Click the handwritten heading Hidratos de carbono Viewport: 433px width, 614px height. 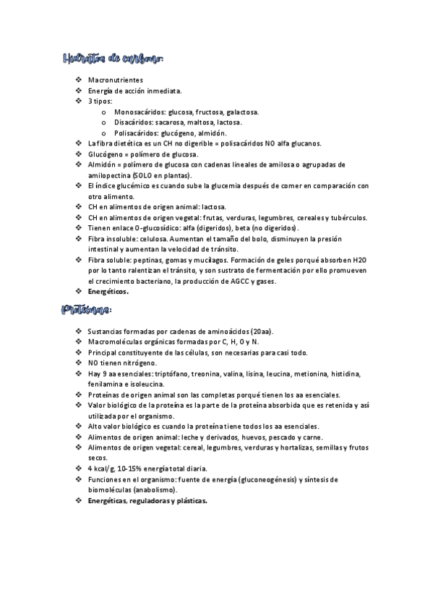click(x=113, y=59)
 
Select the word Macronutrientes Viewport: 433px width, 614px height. click(x=115, y=80)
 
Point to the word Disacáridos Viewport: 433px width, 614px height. click(x=134, y=123)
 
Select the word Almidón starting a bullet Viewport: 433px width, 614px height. click(x=101, y=165)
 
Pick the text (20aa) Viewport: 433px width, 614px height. click(x=268, y=332)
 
